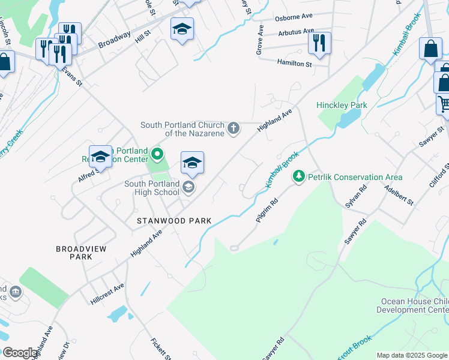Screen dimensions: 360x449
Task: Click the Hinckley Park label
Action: pyautogui.click(x=342, y=105)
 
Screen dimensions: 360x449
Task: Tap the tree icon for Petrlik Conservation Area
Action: pyautogui.click(x=298, y=176)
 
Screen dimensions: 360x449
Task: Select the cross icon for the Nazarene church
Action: pyautogui.click(x=234, y=128)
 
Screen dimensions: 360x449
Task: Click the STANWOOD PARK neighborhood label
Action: pyautogui.click(x=174, y=221)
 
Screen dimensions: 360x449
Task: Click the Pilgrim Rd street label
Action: pyautogui.click(x=265, y=212)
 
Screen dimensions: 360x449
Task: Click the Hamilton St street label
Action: pyautogui.click(x=295, y=63)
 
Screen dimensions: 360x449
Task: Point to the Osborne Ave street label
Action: pyautogui.click(x=295, y=19)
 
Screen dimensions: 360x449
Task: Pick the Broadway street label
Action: pyautogui.click(x=114, y=39)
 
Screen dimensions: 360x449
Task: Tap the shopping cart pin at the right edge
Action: pyautogui.click(x=444, y=103)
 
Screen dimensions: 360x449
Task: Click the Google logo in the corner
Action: pyautogui.click(x=20, y=353)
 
